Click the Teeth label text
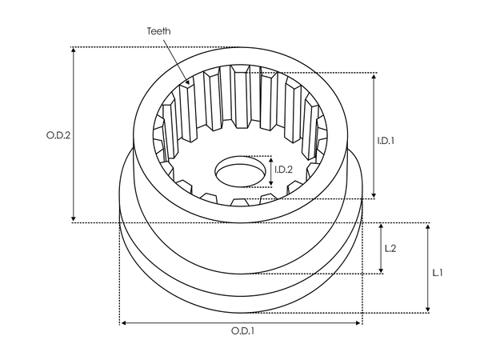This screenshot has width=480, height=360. (x=158, y=31)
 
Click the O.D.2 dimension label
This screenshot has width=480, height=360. (x=58, y=135)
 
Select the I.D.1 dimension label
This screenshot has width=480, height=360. (x=386, y=140)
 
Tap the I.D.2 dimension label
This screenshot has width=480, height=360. (x=283, y=170)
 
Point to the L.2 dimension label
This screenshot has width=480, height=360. (x=391, y=249)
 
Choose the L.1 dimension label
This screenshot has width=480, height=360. (x=438, y=273)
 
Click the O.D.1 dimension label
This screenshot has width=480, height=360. (x=242, y=330)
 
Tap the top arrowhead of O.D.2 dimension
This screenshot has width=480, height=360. (x=74, y=50)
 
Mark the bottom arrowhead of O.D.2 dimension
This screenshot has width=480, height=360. (x=74, y=220)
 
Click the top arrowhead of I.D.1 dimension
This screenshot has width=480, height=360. (x=373, y=75)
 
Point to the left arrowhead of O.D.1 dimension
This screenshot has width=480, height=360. (x=122, y=322)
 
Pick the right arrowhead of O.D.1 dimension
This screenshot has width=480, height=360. (x=359, y=322)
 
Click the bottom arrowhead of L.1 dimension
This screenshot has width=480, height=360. (x=428, y=310)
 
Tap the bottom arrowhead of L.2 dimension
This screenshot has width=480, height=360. (x=381, y=271)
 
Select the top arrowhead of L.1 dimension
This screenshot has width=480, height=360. (x=428, y=226)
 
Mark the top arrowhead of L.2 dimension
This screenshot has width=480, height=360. (x=381, y=226)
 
